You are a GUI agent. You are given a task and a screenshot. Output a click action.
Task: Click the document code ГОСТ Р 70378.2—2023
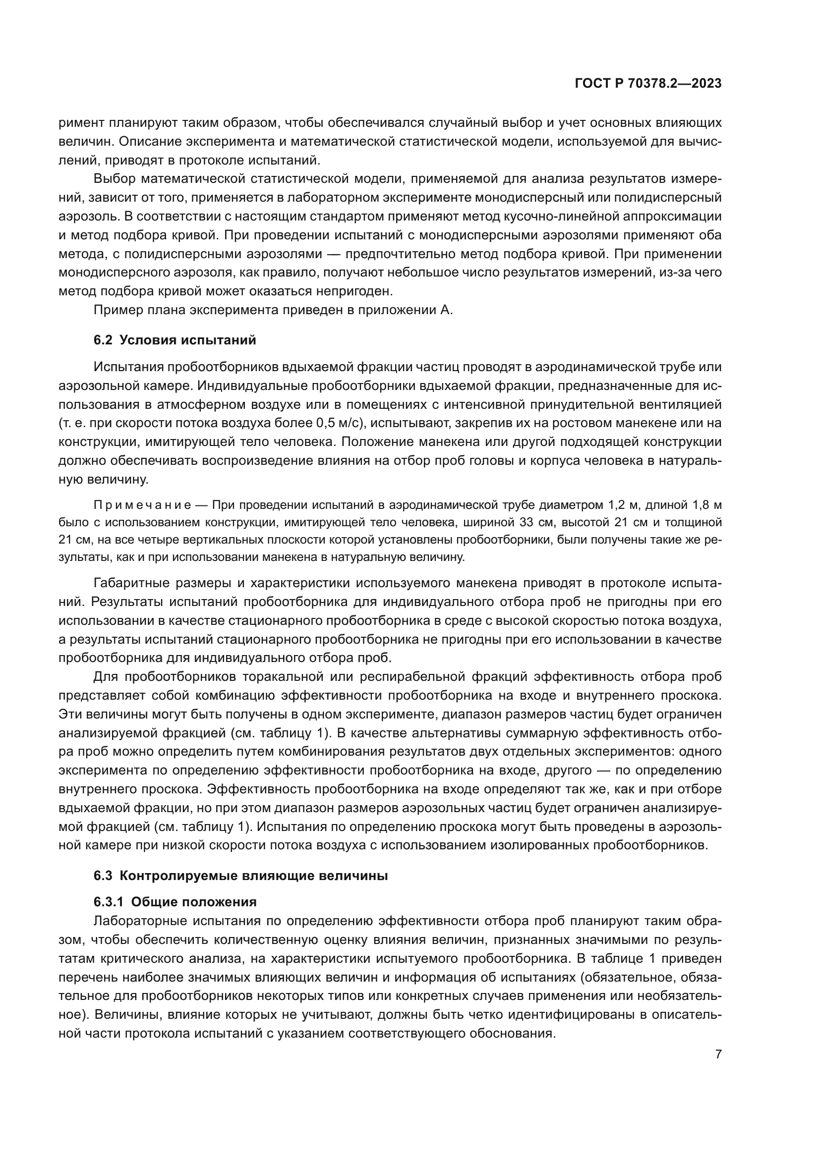(648, 84)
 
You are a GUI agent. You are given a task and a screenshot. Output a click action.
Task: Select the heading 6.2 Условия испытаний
(175, 340)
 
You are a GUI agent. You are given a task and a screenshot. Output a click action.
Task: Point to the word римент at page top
(81, 123)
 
